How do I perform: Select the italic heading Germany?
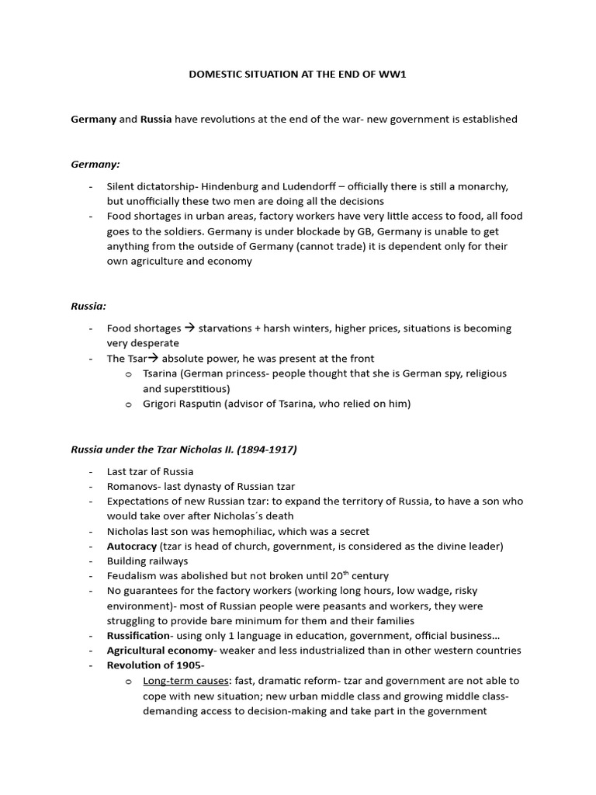[95, 164]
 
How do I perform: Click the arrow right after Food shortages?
[189, 328]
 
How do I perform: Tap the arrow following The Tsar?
[153, 358]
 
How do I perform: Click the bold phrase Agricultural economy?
[159, 650]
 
